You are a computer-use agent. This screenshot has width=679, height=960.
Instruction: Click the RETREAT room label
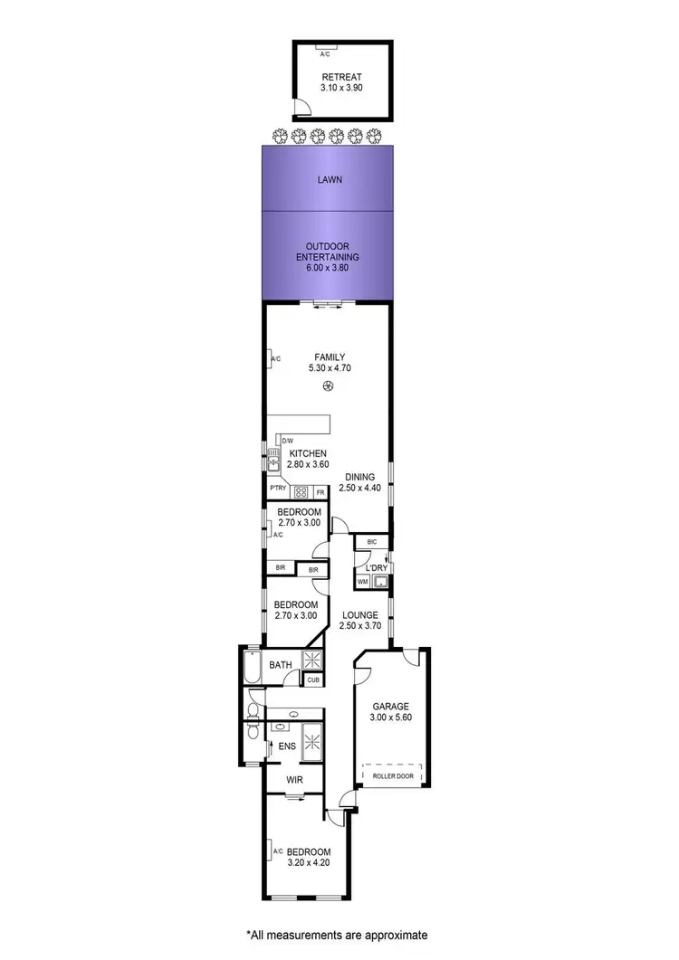tap(340, 77)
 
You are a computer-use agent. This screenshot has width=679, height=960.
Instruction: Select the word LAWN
tap(329, 180)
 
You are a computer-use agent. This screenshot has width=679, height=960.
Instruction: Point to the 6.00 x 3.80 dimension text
tap(327, 268)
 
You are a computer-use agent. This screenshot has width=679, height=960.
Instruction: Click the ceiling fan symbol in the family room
tap(328, 387)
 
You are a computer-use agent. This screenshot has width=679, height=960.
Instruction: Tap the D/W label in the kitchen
tap(287, 441)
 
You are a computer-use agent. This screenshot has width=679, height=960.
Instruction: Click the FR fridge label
tap(320, 492)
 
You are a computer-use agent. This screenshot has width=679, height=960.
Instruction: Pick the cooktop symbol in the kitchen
tap(301, 492)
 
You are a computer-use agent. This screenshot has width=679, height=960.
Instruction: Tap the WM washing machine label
tap(363, 581)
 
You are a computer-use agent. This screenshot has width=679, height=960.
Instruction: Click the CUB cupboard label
tap(313, 680)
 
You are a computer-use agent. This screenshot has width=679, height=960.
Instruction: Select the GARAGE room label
tap(391, 707)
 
